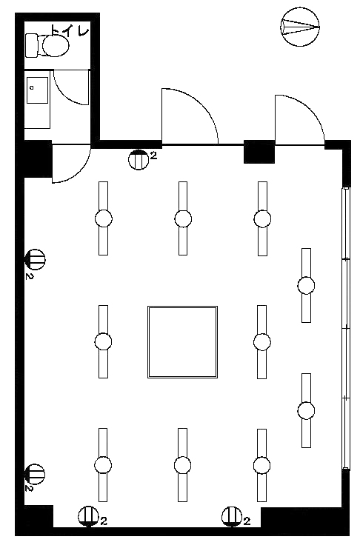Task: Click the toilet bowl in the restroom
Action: (56, 45)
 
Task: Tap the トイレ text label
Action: (70, 30)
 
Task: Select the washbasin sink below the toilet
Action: (37, 90)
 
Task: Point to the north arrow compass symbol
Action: (300, 27)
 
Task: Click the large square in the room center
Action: (182, 342)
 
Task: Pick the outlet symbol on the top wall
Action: (139, 160)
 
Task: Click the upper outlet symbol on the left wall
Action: (36, 259)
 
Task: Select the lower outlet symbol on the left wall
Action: (35, 474)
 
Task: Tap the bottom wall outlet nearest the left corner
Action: (88, 516)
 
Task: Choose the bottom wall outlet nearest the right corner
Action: (232, 516)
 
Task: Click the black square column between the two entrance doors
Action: (259, 151)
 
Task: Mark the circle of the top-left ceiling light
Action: (104, 218)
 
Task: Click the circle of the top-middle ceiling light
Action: (183, 218)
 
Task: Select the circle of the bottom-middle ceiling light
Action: (182, 465)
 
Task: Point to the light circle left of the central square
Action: (103, 341)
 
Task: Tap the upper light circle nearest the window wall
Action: (306, 285)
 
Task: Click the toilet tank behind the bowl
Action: (31, 45)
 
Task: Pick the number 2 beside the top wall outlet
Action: (154, 156)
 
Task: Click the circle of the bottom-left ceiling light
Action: (103, 465)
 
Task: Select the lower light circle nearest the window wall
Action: (306, 410)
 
